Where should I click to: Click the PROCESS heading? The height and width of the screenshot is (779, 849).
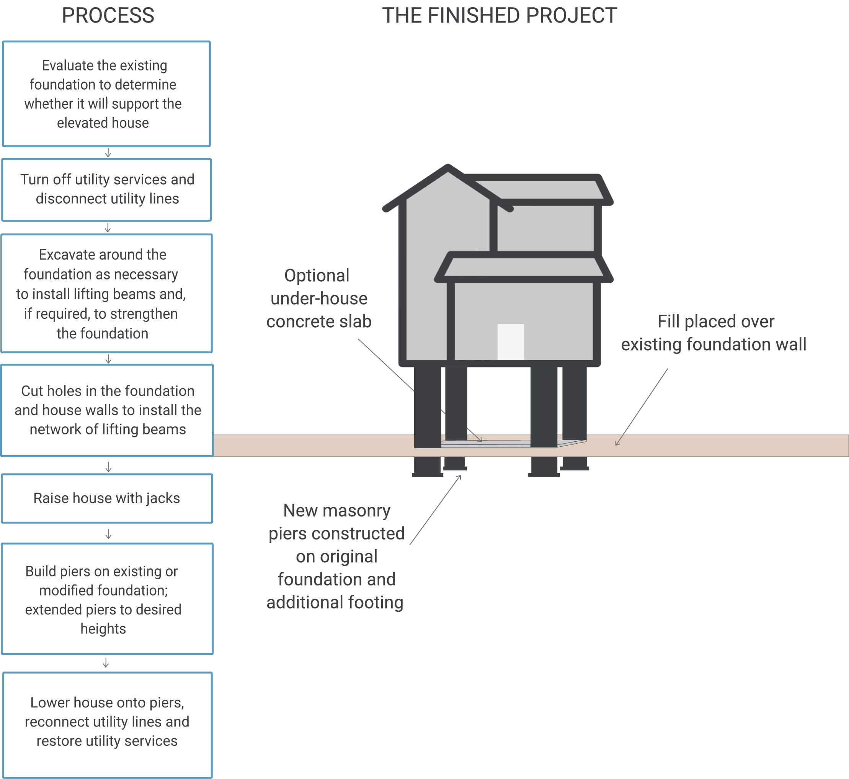pyautogui.click(x=108, y=16)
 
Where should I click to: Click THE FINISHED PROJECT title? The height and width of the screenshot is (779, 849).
pyautogui.click(x=499, y=16)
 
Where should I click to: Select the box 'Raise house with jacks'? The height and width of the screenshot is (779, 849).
pyautogui.click(x=107, y=498)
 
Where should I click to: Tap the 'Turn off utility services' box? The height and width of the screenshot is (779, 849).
pyautogui.click(x=107, y=189)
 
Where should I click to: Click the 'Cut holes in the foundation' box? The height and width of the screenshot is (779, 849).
pyautogui.click(x=107, y=410)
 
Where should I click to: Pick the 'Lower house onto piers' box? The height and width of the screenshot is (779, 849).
pyautogui.click(x=107, y=722)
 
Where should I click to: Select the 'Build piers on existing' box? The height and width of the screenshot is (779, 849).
pyautogui.click(x=107, y=599)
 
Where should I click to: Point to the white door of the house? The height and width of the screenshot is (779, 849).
pyautogui.click(x=511, y=342)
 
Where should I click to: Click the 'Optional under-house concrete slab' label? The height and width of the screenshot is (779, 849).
pyautogui.click(x=319, y=299)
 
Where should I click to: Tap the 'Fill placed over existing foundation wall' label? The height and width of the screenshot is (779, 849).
pyautogui.click(x=713, y=333)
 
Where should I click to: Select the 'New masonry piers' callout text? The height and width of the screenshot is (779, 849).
pyautogui.click(x=336, y=557)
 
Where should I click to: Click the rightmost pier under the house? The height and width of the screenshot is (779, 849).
pyautogui.click(x=574, y=403)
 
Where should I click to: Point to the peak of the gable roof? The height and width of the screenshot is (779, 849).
pyautogui.click(x=448, y=168)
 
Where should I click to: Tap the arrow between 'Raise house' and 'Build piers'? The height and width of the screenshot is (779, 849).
pyautogui.click(x=108, y=534)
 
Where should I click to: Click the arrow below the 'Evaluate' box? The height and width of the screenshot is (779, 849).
pyautogui.click(x=108, y=153)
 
